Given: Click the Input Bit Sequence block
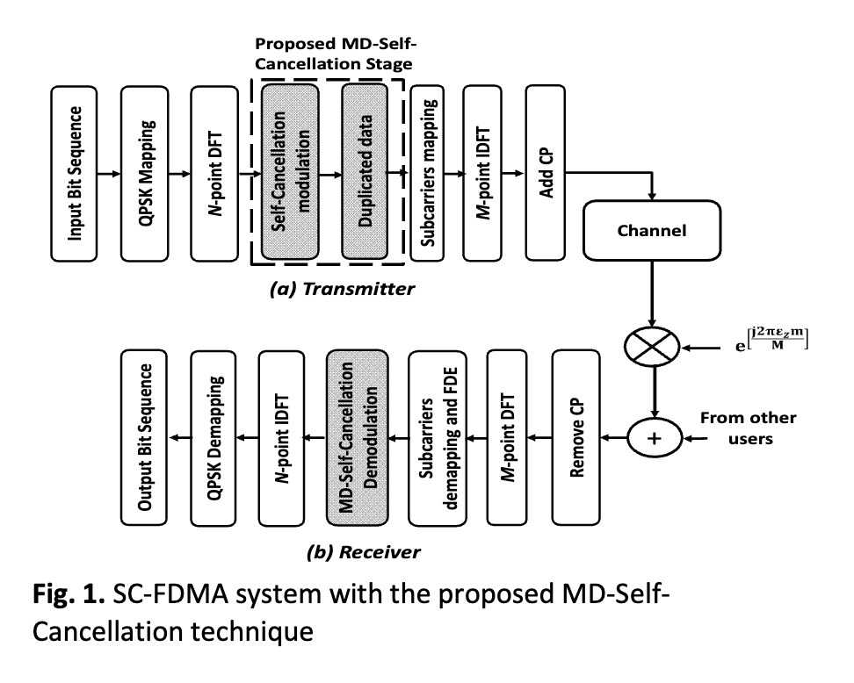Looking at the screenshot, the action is (x=74, y=174).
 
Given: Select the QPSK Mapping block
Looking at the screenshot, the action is (x=144, y=174).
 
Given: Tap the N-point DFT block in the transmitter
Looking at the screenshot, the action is (x=214, y=174).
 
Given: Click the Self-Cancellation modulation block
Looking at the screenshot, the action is (x=290, y=171).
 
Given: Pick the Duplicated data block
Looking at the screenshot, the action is (x=365, y=171).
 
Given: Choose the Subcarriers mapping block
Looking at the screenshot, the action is (x=427, y=173).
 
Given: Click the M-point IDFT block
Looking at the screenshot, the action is (x=482, y=173).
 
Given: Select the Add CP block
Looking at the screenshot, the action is (x=546, y=173).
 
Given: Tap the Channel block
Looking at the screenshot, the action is (x=652, y=231).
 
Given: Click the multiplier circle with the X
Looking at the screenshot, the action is (x=652, y=347).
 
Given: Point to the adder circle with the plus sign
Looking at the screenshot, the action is (x=655, y=437).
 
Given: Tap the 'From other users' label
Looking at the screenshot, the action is (x=749, y=428).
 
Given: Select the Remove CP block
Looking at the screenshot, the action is (x=576, y=437).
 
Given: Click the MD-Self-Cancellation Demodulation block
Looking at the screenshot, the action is (x=358, y=437).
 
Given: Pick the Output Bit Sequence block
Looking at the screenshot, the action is (x=144, y=437).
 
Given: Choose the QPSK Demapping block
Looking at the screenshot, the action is (x=213, y=437).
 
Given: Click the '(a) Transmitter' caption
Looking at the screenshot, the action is (x=342, y=289).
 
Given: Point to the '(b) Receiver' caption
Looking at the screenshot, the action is (x=363, y=552).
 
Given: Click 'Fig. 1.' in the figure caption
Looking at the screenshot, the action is (x=69, y=593).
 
